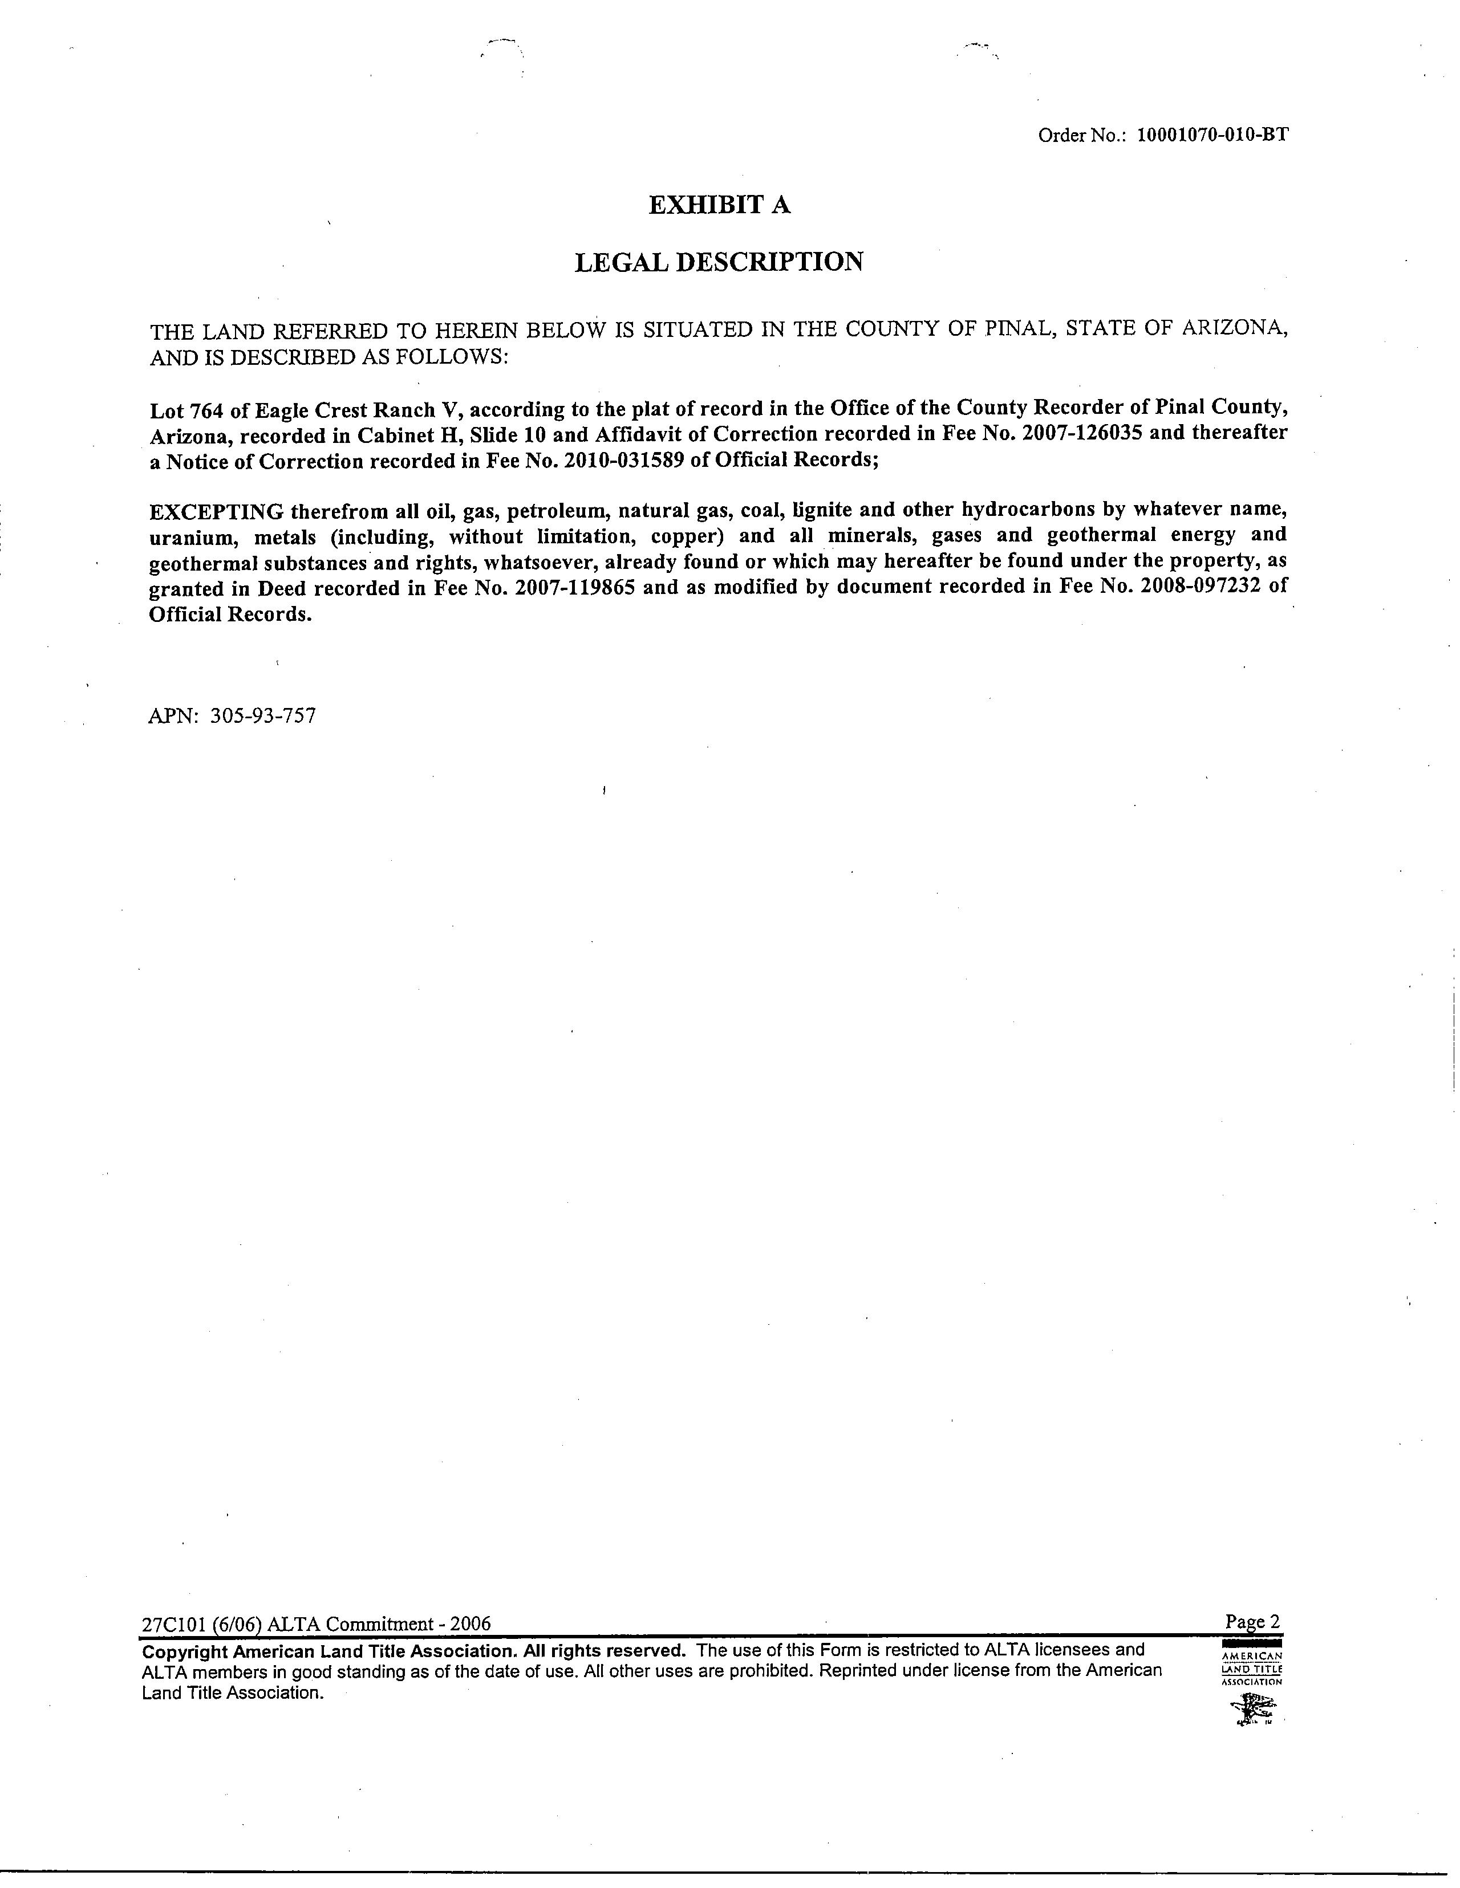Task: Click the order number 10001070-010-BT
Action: point(1212,135)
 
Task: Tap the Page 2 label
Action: point(1252,1622)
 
